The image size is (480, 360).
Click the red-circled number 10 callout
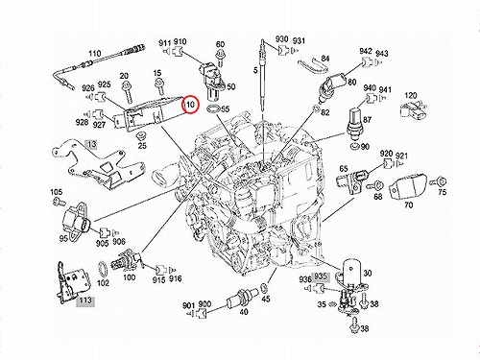click(190, 105)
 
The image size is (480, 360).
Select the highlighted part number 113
click(85, 300)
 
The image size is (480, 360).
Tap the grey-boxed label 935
click(321, 276)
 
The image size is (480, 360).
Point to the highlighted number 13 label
click(92, 145)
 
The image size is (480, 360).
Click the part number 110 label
click(94, 54)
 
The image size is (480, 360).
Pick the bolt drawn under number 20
click(127, 92)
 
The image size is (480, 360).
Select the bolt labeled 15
click(158, 87)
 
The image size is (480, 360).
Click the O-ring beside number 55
click(213, 109)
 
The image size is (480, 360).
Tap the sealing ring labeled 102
click(103, 269)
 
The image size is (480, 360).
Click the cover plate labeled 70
click(407, 187)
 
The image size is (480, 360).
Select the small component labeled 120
click(413, 109)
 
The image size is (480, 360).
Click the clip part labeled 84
click(313, 65)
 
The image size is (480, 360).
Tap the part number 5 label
click(255, 70)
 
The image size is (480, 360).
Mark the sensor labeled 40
click(242, 298)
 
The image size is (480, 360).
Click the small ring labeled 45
click(264, 287)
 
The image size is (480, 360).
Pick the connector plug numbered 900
click(202, 314)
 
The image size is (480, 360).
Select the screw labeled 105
click(60, 202)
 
